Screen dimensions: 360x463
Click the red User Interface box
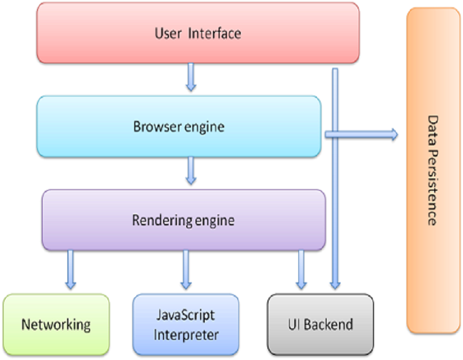click(198, 33)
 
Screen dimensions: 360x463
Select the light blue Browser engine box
click(179, 127)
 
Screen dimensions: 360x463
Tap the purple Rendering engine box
click(183, 220)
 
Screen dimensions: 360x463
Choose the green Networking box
click(56, 325)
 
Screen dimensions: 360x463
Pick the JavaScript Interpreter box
click(186, 325)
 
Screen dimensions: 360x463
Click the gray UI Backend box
click(320, 325)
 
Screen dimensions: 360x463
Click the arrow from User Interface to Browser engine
click(191, 77)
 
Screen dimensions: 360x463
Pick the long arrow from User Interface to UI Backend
click(335, 206)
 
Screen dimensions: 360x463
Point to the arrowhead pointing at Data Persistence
click(394, 135)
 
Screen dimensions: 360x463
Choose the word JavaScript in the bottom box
click(186, 315)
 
